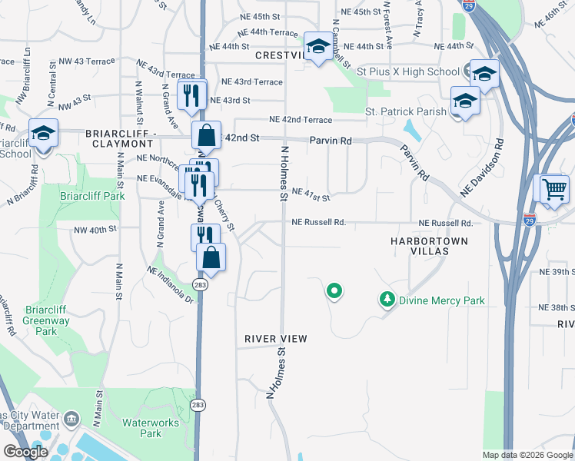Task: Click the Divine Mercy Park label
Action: pyautogui.click(x=441, y=300)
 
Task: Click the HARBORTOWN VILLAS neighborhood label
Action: pyautogui.click(x=430, y=246)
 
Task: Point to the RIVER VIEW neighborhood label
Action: pyautogui.click(x=276, y=339)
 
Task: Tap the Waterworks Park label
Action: pyautogui.click(x=151, y=428)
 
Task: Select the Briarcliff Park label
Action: pyautogui.click(x=92, y=196)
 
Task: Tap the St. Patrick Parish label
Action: pyautogui.click(x=406, y=111)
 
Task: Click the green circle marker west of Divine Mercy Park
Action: pyautogui.click(x=334, y=291)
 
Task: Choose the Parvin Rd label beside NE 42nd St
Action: pyautogui.click(x=331, y=141)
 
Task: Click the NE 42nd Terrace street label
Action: pyautogui.click(x=301, y=120)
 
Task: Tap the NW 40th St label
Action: pyautogui.click(x=95, y=229)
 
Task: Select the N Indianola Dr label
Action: pyautogui.click(x=169, y=284)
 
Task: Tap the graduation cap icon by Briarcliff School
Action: pyautogui.click(x=43, y=132)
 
